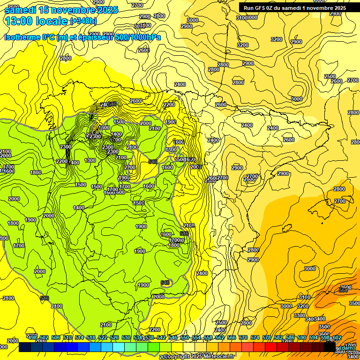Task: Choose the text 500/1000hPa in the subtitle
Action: (x=138, y=37)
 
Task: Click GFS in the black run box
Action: (x=262, y=8)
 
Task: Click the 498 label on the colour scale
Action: (x=32, y=338)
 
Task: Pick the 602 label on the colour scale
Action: (x=337, y=338)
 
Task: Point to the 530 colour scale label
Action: (x=126, y=338)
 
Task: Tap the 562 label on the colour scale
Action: (x=220, y=338)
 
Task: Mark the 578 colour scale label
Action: (x=266, y=338)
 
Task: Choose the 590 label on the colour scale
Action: (x=301, y=338)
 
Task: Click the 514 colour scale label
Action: (x=79, y=338)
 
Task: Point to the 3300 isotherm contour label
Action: (x=299, y=315)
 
